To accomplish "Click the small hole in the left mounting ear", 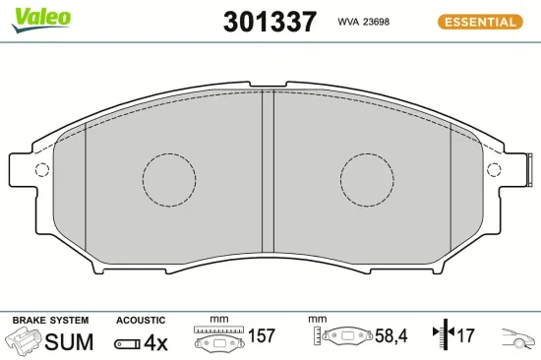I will coord(41,168).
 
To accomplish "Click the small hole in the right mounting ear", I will coord(498,168).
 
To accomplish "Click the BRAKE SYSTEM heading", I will coord(49,321).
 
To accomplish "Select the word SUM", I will coord(71,341).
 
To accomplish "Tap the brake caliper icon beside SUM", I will coord(25,341).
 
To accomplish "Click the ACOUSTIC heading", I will coord(141,321).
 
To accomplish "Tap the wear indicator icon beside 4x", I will coord(127,342).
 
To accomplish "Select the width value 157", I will coord(261,336).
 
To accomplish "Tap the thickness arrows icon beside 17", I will coord(441,336).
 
